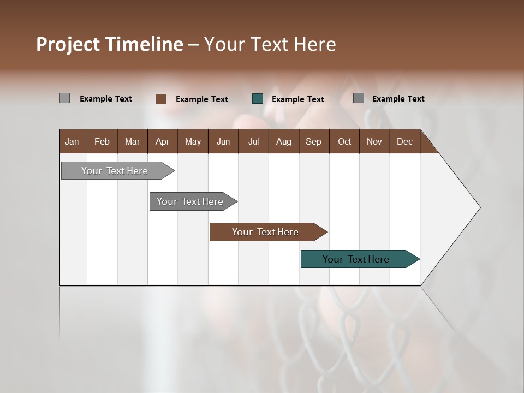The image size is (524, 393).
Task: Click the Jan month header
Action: point(72,141)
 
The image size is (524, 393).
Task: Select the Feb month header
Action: point(102,141)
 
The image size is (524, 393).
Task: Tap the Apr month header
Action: point(162,141)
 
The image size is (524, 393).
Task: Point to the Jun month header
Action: point(223,141)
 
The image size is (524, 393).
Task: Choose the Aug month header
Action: point(283,141)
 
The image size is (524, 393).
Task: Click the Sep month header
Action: point(313,141)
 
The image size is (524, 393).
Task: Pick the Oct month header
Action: point(344,141)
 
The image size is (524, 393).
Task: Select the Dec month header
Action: point(404,141)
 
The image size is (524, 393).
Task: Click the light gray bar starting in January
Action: point(115,171)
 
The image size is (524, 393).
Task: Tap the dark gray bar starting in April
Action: point(190,201)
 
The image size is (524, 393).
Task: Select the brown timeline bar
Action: point(265,232)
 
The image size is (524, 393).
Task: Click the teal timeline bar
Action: point(356,259)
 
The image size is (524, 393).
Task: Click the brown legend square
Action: point(160,99)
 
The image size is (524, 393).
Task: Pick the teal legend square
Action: point(258,99)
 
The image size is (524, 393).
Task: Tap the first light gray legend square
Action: point(64,98)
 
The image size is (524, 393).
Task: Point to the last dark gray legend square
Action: point(359,98)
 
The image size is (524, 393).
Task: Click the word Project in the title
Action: point(68,44)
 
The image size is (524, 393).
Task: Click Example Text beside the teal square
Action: point(297,99)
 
